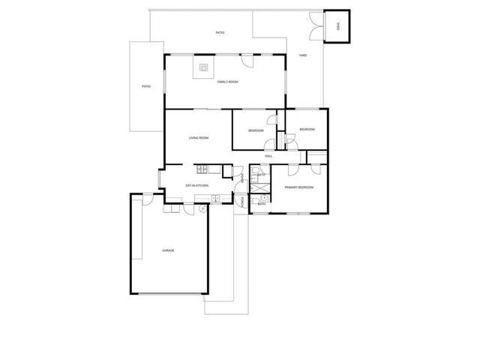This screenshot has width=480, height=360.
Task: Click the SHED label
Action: [338, 27]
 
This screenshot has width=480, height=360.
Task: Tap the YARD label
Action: [303, 55]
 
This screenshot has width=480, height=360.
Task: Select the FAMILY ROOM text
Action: [227, 82]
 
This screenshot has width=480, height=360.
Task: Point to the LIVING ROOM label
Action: [198, 138]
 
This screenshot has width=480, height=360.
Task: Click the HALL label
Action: [268, 156]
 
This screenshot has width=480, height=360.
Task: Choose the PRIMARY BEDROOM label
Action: [298, 187]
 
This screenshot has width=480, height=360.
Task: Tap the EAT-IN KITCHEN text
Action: [196, 185]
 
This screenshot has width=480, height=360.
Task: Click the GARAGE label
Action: [168, 250]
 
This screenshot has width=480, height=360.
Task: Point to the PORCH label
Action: [241, 201]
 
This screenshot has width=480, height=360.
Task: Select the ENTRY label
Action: [242, 178]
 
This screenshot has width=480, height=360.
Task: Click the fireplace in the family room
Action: [203, 68]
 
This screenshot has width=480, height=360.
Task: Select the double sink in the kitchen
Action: [215, 199]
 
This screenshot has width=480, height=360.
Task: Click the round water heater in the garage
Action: [202, 209]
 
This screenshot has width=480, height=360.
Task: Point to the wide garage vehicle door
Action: [168, 292]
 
